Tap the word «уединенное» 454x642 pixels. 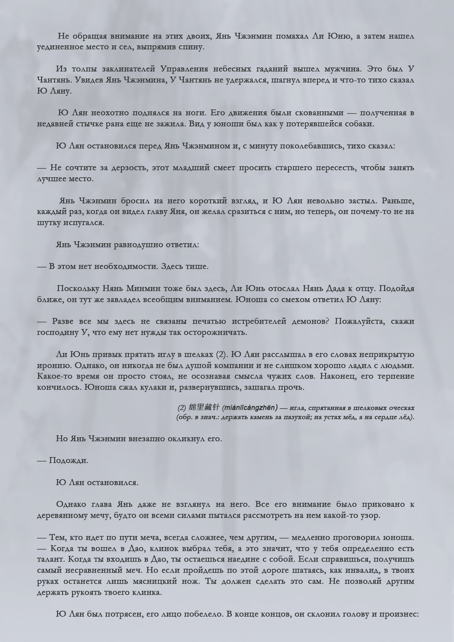(x=61, y=48)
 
